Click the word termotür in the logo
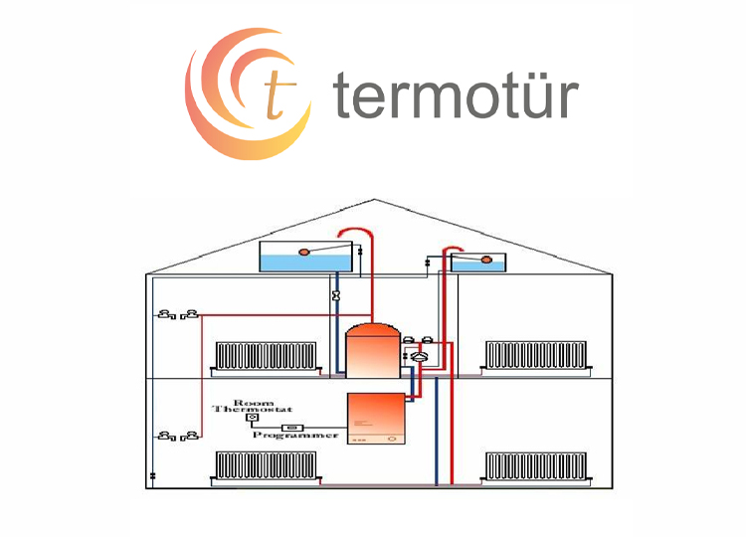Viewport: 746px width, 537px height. coord(456,96)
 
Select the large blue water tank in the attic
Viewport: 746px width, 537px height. coord(304,257)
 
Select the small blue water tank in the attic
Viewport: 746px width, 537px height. coord(478,262)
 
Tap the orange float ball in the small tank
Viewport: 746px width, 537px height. coord(486,261)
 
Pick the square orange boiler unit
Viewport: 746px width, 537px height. coord(375,419)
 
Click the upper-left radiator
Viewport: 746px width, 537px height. coord(266,356)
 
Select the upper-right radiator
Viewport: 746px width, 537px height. coord(534,355)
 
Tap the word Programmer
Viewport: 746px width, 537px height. coord(295,436)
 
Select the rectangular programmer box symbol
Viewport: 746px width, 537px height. coord(291,427)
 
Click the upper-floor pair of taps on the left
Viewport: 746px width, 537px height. coord(178,315)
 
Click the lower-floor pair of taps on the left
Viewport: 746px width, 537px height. coord(178,436)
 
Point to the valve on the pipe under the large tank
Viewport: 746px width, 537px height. coord(336,295)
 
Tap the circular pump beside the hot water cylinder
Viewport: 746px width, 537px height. coord(421,355)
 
